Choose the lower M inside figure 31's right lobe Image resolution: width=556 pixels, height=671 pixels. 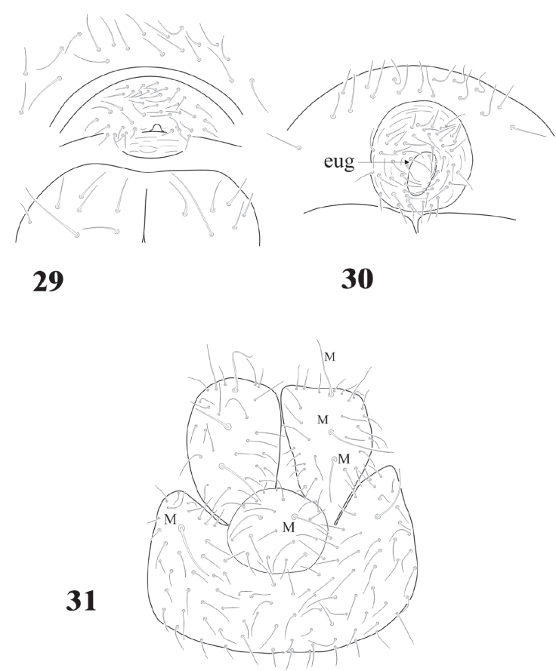344,458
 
